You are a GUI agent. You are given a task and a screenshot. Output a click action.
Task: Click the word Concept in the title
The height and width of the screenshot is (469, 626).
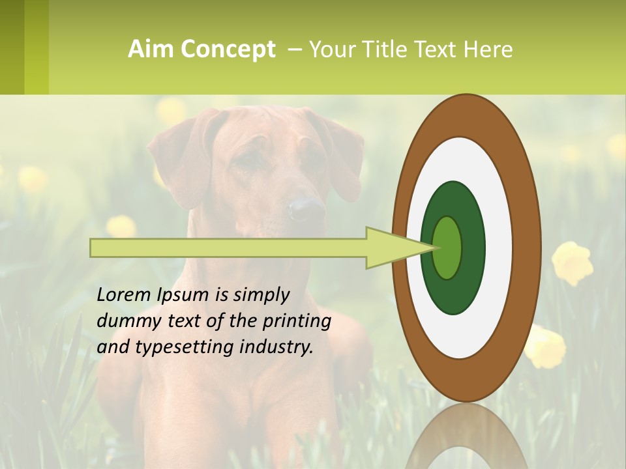(228, 50)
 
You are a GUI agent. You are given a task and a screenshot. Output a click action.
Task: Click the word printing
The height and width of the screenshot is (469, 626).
(297, 321)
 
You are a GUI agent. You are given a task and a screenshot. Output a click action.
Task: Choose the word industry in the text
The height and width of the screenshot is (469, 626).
(276, 347)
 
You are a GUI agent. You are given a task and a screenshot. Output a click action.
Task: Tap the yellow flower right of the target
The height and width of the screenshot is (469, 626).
(572, 263)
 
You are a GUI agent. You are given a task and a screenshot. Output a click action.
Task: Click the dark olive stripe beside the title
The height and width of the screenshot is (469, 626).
(12, 47)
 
